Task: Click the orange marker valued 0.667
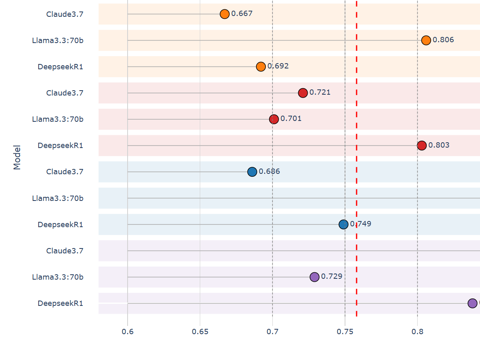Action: click(x=224, y=14)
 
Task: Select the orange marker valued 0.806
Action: click(x=426, y=40)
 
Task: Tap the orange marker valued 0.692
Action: click(x=261, y=66)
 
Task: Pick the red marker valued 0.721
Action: click(x=303, y=93)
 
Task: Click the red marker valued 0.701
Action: click(x=274, y=119)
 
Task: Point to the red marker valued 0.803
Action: click(x=422, y=145)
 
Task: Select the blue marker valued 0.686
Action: click(x=252, y=171)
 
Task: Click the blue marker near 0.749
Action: click(x=343, y=224)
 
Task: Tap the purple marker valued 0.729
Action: click(x=315, y=277)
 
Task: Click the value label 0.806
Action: click(x=443, y=40)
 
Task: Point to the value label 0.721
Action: click(x=320, y=92)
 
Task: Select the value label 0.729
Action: click(x=331, y=276)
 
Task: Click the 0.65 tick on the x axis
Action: click(x=200, y=331)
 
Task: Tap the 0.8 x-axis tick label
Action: click(x=417, y=331)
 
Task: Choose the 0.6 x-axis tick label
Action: click(x=128, y=331)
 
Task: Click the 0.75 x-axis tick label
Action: click(x=345, y=331)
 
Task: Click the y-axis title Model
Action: click(x=17, y=157)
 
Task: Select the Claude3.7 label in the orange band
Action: click(x=65, y=14)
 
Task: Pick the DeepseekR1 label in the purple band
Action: click(x=60, y=303)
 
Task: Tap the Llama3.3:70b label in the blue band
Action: click(x=58, y=198)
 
